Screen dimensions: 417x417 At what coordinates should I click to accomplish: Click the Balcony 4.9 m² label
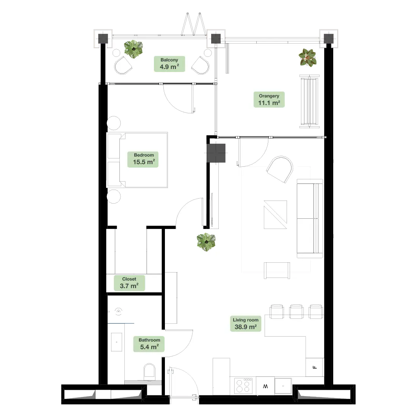(x=169, y=64)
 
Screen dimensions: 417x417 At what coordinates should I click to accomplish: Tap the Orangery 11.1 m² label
(x=269, y=100)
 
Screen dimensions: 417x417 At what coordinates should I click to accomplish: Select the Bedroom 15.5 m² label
(x=143, y=159)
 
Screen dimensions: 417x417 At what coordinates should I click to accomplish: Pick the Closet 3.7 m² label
(x=130, y=283)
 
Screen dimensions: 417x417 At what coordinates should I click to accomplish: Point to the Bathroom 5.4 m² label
(x=149, y=344)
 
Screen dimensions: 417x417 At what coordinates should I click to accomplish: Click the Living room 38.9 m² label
(x=246, y=324)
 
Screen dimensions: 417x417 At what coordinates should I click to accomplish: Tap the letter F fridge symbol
(x=315, y=368)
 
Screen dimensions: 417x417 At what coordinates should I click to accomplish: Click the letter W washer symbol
(x=265, y=386)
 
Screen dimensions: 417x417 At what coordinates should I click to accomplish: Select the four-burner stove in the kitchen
(x=243, y=386)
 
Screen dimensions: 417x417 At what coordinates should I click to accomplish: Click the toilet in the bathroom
(x=149, y=372)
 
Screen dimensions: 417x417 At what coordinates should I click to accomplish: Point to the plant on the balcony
(x=133, y=49)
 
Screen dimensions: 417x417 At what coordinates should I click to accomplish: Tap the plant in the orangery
(x=307, y=58)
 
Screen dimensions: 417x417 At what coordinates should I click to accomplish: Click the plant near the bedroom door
(x=206, y=242)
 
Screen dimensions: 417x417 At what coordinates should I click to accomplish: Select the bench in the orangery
(x=309, y=101)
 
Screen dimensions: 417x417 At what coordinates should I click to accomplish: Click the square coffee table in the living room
(x=275, y=215)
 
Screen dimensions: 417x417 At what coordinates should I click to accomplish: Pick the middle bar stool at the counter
(x=296, y=311)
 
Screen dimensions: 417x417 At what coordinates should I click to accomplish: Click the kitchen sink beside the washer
(x=283, y=386)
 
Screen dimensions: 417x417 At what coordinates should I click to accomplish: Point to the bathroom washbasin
(x=116, y=342)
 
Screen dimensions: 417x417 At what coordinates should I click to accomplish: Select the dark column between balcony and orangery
(x=216, y=39)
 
